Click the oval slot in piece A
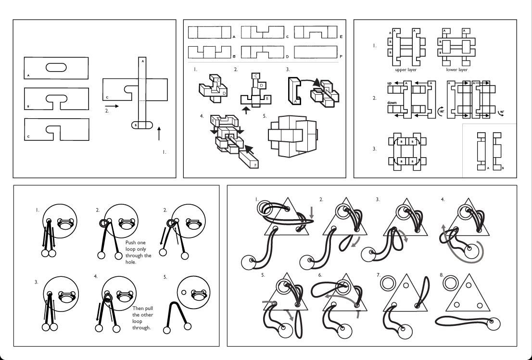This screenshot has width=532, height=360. coord(56,67)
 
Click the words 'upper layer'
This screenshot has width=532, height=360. coord(406,70)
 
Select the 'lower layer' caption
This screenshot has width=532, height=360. coord(456,70)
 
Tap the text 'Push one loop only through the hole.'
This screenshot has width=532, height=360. coord(139,252)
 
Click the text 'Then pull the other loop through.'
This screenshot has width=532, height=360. coord(142,318)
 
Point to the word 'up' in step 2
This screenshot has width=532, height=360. coord(390,83)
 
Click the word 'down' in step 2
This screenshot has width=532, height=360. coord(392,103)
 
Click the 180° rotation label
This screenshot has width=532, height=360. coord(441,112)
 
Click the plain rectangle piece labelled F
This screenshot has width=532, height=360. coord(316,52)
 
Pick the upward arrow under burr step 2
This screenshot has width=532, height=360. coord(246,111)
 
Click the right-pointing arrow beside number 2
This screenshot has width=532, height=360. coord(112,106)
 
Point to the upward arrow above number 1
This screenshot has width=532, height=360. coord(159,133)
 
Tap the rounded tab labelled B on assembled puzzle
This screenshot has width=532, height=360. coord(142,125)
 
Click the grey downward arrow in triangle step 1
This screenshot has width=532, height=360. coord(312,212)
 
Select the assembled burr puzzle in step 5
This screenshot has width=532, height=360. coord(293,136)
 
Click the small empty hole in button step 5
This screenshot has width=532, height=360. coord(184,292)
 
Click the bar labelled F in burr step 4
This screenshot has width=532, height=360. coord(249,160)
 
